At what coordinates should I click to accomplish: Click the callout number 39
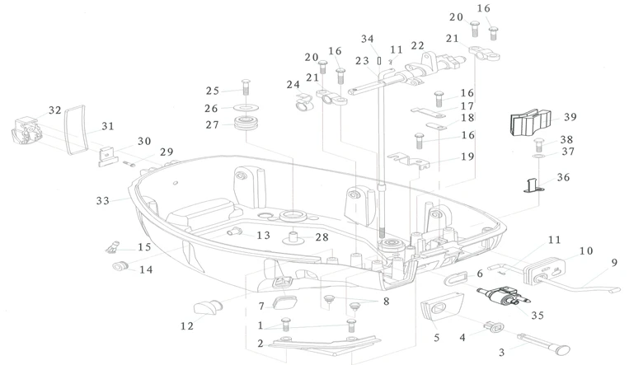pos(570,117)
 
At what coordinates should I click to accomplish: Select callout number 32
pos(55,110)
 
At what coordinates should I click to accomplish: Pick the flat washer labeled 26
pos(246,108)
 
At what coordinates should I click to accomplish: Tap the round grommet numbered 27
pos(246,126)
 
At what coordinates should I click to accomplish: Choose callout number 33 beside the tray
pos(103,200)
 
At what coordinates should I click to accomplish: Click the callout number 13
pos(263,236)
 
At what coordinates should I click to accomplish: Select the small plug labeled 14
pos(120,265)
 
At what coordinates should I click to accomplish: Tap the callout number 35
pos(538,314)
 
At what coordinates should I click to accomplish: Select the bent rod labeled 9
pos(585,288)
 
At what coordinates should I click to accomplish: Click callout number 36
pos(563,177)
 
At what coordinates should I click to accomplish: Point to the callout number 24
pos(293,85)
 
